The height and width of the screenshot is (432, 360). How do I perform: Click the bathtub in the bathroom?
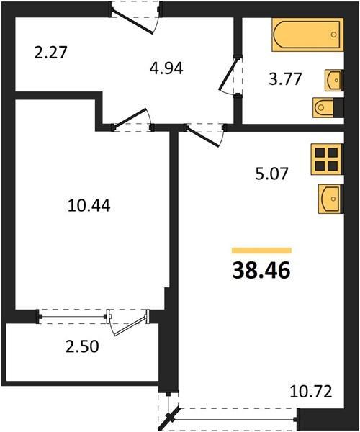point(307,35)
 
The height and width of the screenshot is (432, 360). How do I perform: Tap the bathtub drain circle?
point(334,35)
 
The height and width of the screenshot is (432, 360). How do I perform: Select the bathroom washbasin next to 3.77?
point(333,80)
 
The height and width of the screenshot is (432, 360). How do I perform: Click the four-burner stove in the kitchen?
point(327,159)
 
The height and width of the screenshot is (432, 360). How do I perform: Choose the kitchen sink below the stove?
point(330,199)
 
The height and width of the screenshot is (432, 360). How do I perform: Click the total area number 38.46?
point(261,270)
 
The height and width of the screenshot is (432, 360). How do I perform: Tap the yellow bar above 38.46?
point(261,250)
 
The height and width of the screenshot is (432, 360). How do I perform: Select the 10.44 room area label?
point(89,205)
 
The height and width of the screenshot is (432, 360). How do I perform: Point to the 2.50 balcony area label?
point(82,346)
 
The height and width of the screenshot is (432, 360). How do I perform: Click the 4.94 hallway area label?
point(166,68)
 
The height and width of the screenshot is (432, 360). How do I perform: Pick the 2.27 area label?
point(51,53)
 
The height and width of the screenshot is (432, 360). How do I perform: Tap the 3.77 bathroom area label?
point(285,79)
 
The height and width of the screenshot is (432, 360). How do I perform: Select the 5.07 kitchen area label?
point(271,174)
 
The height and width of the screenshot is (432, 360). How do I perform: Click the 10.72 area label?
point(311,392)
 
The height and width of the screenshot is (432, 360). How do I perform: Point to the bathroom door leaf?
point(228,74)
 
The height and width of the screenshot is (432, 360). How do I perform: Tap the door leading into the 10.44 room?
point(130,119)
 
